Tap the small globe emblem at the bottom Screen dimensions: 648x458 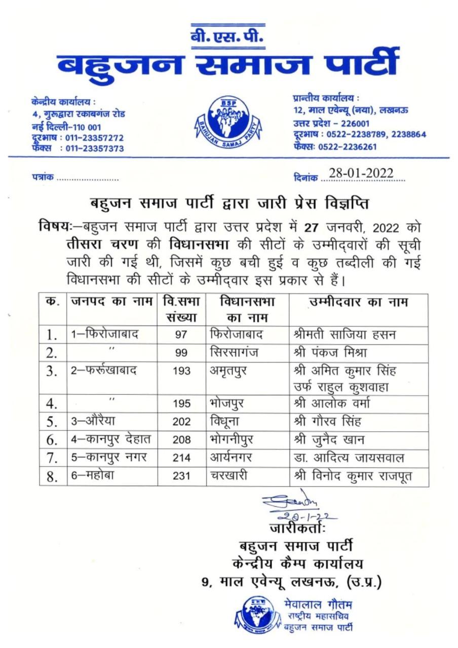pos(256,614)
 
